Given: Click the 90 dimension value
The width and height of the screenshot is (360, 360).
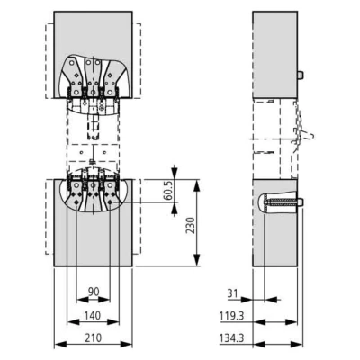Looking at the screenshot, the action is click(x=94, y=292).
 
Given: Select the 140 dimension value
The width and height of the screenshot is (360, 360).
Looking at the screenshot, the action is click(x=93, y=315).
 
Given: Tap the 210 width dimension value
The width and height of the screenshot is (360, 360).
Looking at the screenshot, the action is click(x=93, y=337).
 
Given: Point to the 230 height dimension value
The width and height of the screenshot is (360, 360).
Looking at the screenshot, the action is click(x=190, y=225).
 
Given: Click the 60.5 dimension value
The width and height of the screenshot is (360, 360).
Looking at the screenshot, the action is click(x=168, y=192).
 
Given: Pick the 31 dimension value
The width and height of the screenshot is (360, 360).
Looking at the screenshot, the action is click(x=232, y=292).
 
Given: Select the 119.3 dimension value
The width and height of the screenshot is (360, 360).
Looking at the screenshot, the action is click(x=231, y=316).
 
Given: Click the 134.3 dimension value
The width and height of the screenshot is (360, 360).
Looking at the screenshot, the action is click(x=231, y=338).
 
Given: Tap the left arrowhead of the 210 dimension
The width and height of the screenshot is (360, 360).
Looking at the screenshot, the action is click(x=60, y=344).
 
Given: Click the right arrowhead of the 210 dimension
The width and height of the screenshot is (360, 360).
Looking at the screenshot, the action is click(x=126, y=344).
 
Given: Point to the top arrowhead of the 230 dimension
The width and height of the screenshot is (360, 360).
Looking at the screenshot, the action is click(x=196, y=186).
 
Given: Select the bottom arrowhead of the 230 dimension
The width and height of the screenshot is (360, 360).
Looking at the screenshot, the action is click(x=196, y=260).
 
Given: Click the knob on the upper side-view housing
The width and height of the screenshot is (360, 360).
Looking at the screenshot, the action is click(x=300, y=75).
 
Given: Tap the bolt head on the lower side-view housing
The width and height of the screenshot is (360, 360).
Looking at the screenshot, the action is click(x=300, y=202).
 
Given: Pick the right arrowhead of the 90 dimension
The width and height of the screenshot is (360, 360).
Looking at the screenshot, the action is click(x=104, y=299).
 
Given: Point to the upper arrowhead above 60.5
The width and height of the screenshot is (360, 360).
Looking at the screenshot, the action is click(x=175, y=174).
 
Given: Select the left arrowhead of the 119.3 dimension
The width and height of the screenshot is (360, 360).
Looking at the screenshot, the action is click(x=259, y=322).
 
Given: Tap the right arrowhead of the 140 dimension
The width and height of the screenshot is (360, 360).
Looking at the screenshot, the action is click(x=113, y=322).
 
